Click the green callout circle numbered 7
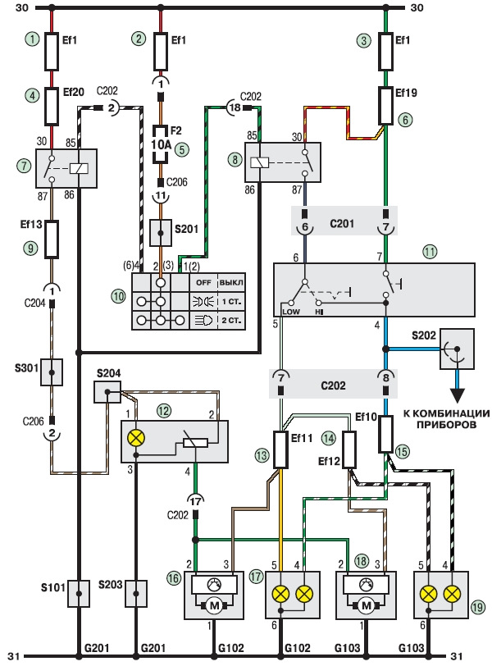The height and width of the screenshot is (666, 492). click(24, 165)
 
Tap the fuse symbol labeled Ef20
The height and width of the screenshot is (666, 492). click(52, 107)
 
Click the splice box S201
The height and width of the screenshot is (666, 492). click(161, 233)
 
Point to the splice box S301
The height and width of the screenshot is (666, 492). click(52, 372)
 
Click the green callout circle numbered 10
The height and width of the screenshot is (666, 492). click(118, 296)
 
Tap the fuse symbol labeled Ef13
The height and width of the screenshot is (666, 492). click(52, 239)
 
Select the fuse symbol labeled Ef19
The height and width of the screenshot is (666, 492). click(385, 106)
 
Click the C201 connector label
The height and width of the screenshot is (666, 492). click(342, 223)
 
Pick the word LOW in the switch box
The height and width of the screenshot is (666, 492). click(291, 312)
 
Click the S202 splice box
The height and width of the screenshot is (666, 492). click(458, 349)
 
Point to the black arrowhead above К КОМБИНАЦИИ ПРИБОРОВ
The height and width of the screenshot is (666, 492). click(458, 396)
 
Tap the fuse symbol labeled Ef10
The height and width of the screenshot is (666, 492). click(385, 434)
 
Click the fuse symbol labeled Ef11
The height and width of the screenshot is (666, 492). click(281, 449)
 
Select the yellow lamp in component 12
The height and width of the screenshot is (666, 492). click(136, 438)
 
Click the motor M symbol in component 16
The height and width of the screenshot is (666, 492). click(214, 606)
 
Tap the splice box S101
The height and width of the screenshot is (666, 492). click(79, 593)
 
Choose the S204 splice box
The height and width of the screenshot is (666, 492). click(107, 391)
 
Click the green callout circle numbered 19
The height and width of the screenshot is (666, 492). click(478, 607)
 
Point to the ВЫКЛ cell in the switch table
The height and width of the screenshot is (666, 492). click(231, 283)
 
